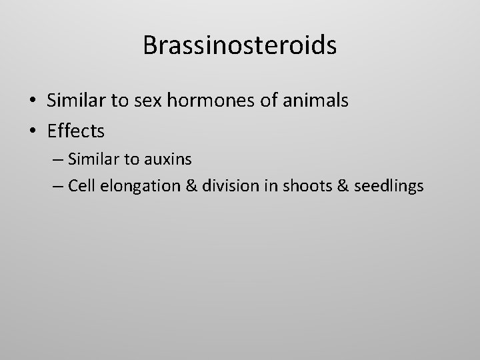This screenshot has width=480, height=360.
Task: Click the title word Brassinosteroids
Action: click(239, 45)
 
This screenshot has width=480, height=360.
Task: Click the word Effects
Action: click(76, 131)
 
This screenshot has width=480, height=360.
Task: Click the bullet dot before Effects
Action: click(33, 132)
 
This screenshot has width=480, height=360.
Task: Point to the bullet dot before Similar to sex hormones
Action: click(33, 101)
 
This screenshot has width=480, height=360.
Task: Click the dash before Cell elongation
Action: click(57, 187)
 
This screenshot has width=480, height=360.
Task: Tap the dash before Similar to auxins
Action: click(57, 159)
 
